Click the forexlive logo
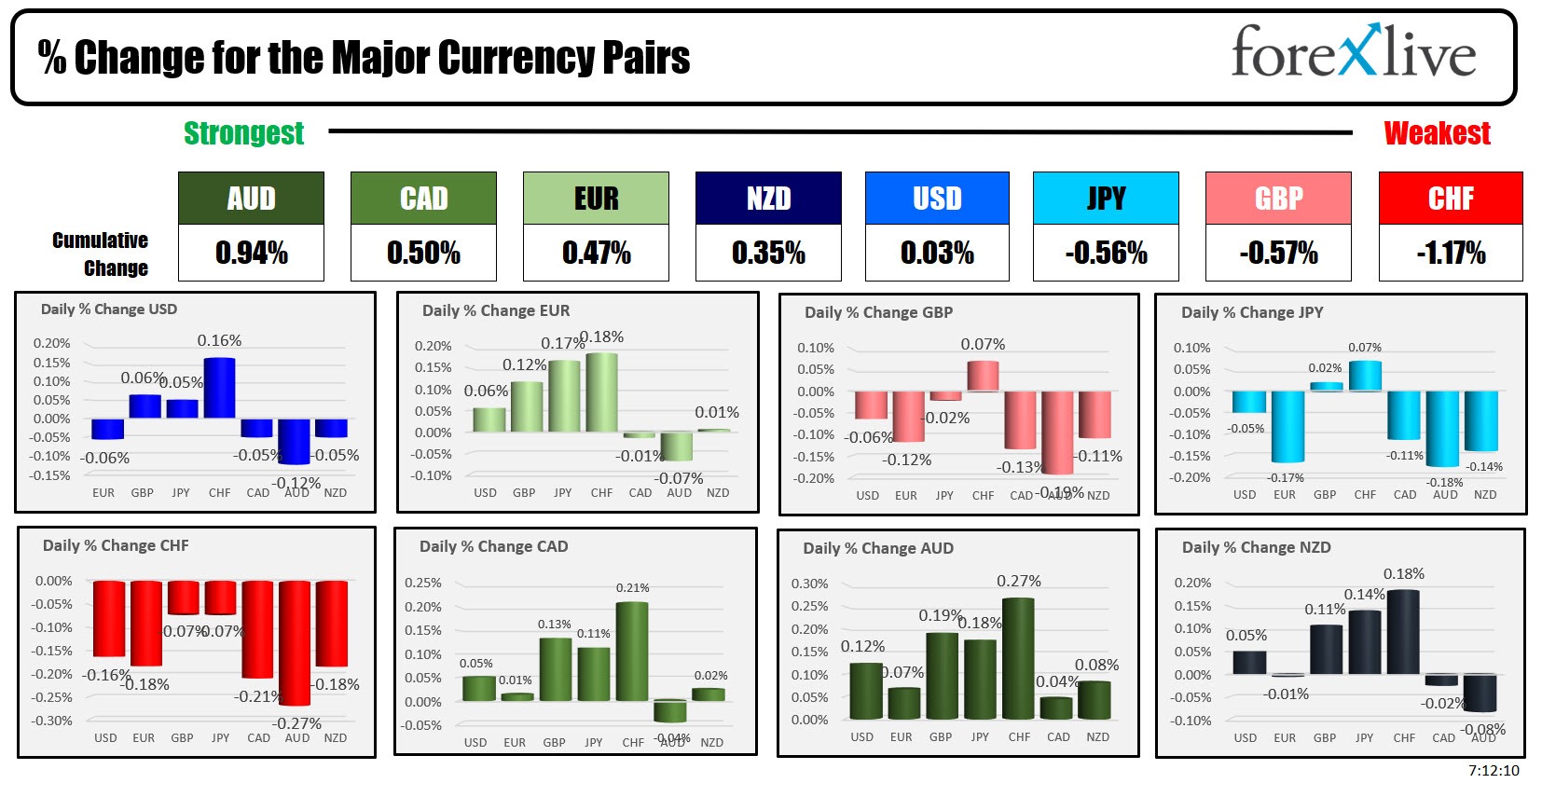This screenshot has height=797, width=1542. [1353, 52]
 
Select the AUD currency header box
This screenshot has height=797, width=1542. [251, 199]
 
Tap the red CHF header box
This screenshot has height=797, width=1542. [1450, 199]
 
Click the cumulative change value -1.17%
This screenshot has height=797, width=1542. [1450, 253]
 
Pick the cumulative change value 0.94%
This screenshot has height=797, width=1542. [251, 253]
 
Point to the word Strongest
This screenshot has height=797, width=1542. [243, 133]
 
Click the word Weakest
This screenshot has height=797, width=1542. [1437, 133]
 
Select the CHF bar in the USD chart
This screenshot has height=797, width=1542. [219, 388]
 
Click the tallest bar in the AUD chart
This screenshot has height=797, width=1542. [1018, 658]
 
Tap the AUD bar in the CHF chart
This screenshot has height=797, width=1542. [295, 642]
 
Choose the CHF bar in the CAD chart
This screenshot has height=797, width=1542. [632, 652]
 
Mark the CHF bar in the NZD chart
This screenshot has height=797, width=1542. [1403, 631]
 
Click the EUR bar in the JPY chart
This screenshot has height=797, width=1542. [1287, 426]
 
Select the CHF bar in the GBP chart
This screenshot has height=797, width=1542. [983, 376]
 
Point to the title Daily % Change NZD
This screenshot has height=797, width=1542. [1256, 547]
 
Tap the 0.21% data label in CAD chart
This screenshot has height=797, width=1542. [632, 587]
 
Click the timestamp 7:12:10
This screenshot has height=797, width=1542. [1494, 770]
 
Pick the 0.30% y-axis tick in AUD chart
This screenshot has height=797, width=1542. [809, 584]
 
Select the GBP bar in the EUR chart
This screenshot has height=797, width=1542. [527, 406]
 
